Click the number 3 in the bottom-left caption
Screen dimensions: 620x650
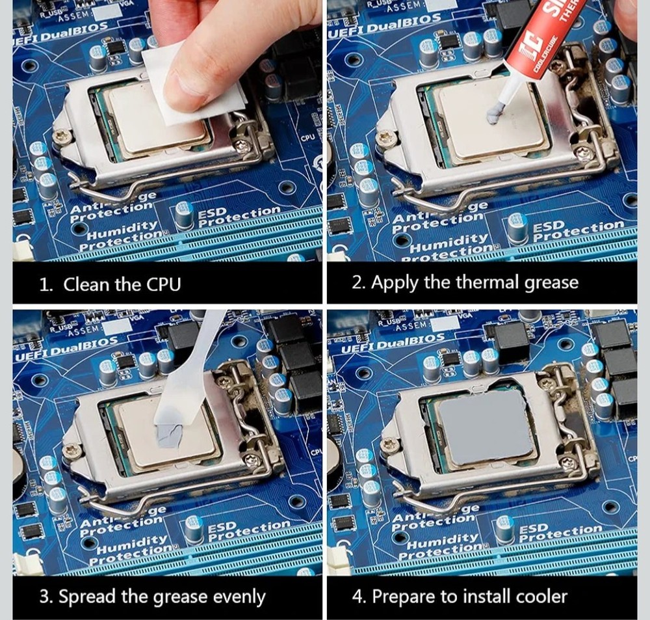(x=45, y=597)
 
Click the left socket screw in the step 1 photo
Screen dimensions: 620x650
(x=62, y=136)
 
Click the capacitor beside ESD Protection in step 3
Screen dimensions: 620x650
(x=194, y=528)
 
